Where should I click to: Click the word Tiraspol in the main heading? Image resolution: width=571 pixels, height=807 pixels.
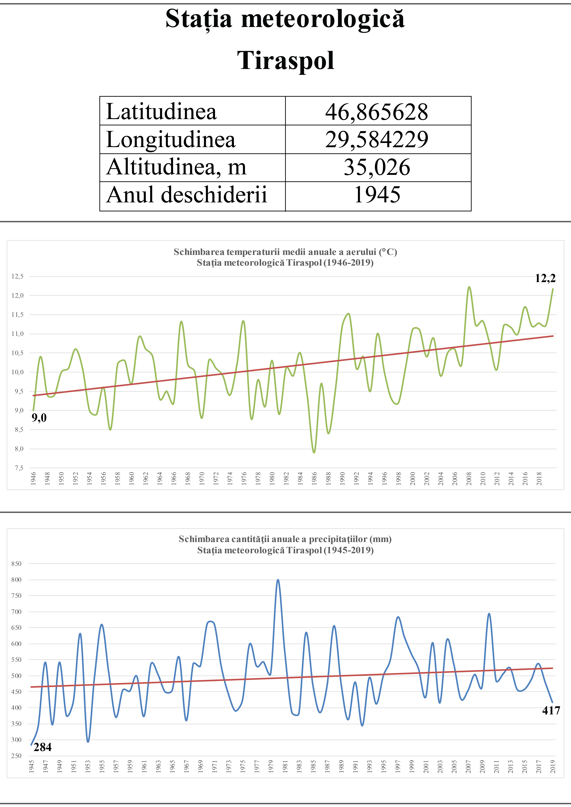285,61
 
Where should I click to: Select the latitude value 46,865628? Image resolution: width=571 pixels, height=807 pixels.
376,112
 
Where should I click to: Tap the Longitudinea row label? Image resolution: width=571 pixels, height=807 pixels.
171,140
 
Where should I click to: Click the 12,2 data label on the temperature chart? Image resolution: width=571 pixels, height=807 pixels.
545,278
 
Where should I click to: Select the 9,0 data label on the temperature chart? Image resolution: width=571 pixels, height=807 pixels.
39,418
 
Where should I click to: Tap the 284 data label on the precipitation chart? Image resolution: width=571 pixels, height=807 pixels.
42,747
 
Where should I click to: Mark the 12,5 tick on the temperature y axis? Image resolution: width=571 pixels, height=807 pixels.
18,276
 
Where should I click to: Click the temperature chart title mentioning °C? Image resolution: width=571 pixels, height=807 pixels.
285,252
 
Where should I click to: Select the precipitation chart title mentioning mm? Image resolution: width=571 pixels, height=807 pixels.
285,539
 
